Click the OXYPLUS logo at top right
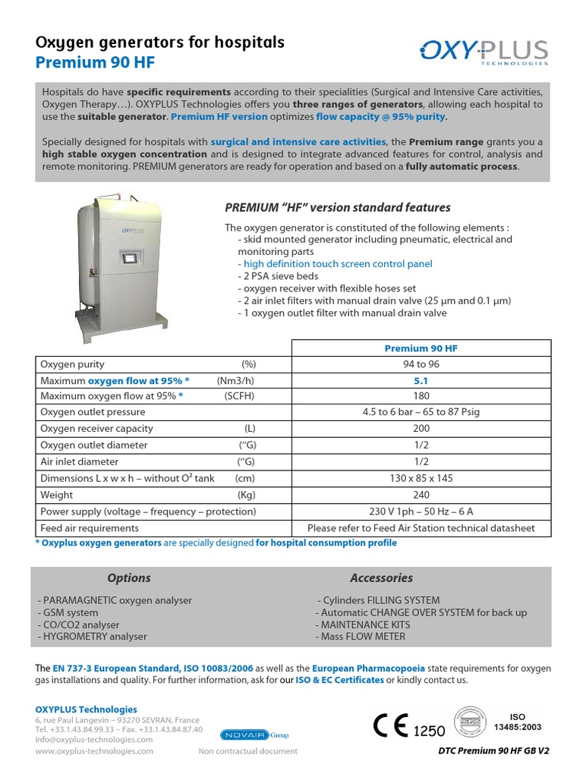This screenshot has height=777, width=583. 484,52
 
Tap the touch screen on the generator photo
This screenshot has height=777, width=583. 130,257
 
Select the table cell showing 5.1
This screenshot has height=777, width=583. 421,381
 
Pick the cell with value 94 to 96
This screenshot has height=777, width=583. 421,364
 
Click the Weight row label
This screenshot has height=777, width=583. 57,495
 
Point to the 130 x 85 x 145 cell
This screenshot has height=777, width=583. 421,478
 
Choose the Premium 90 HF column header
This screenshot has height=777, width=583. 421,348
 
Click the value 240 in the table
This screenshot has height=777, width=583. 421,495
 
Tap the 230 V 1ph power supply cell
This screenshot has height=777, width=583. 421,511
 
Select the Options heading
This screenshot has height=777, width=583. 129,578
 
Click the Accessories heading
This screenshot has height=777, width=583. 381,578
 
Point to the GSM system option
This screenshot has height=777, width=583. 68,612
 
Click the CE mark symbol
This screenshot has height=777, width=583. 391,726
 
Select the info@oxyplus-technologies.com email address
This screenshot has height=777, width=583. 93,739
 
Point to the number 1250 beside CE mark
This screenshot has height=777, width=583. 429,731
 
